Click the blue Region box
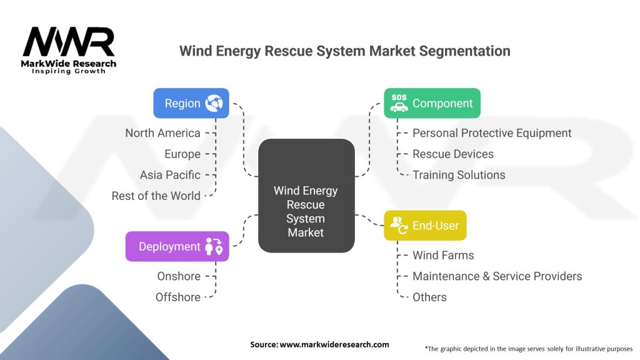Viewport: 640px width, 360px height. (191, 103)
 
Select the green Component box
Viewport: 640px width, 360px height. (432, 103)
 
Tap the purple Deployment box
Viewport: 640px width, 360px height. (177, 246)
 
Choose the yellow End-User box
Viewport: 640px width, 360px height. (425, 225)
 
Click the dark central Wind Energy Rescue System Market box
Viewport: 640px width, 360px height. (306, 196)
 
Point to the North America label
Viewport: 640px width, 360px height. (163, 133)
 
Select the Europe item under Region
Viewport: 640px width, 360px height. (182, 154)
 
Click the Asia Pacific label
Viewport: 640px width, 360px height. (170, 175)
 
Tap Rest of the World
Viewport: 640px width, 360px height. (156, 196)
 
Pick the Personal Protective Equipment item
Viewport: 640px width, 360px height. (492, 133)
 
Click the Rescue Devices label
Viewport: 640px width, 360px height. (453, 154)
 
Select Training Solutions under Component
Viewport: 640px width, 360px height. (459, 175)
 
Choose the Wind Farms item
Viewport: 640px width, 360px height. (443, 256)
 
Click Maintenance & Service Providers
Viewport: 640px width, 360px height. (497, 276)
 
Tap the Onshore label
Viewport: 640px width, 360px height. (179, 276)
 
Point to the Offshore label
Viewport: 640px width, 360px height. (178, 297)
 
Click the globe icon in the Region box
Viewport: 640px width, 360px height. (214, 103)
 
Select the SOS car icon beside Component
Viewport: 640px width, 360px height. (399, 103)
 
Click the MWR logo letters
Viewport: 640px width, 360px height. (69, 42)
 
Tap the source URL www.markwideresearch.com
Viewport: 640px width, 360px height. (334, 344)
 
